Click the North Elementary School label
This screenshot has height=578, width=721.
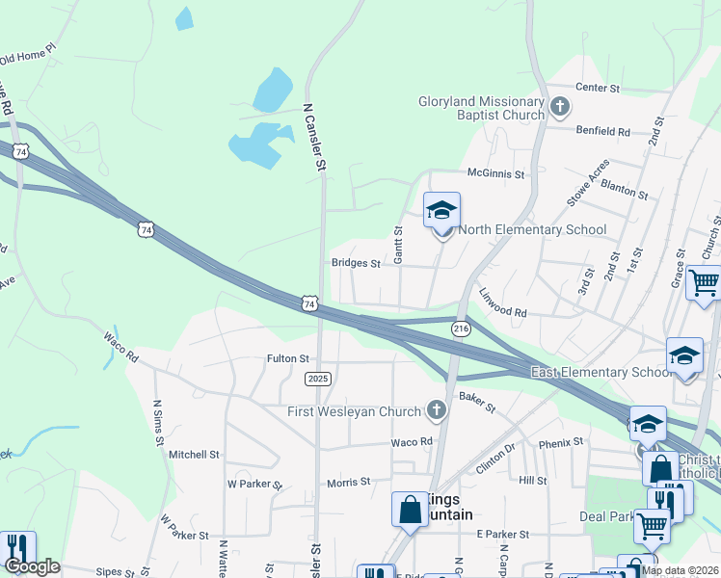pos(532,229)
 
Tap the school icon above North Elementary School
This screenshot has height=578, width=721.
pos(441,210)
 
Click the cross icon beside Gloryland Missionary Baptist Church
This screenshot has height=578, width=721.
pos(560,107)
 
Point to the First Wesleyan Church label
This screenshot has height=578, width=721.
pos(355,411)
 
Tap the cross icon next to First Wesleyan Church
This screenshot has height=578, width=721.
pos(437,411)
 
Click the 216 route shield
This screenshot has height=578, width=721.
pos(461,328)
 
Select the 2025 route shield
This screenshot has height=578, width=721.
pos(319,379)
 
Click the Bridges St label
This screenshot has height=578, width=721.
pos(357,263)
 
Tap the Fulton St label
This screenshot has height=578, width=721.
pos(287,359)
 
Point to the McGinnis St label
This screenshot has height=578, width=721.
pos(495,174)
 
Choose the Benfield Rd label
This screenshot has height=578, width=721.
pos(602,131)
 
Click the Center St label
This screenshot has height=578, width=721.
pos(597,88)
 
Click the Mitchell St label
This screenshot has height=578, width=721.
pos(195,454)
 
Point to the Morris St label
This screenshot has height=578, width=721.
pos(348,482)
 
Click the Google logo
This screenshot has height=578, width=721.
pos(32,566)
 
